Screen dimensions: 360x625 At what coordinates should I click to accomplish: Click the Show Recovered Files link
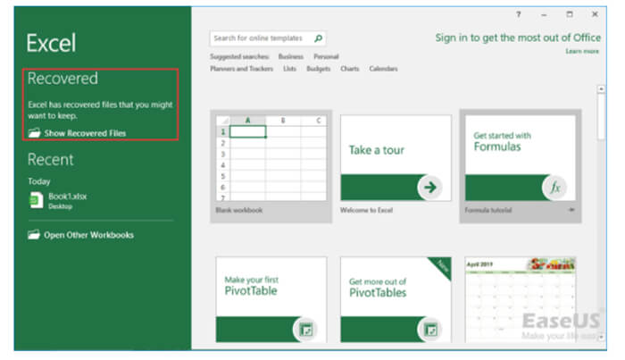(85, 133)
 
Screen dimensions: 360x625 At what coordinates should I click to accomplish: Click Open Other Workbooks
(88, 235)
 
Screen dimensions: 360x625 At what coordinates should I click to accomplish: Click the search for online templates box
(261, 38)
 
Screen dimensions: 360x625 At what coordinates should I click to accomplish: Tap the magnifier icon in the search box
(319, 38)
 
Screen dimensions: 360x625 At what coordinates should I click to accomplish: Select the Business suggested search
(291, 56)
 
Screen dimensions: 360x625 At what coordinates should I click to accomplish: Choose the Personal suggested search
(326, 56)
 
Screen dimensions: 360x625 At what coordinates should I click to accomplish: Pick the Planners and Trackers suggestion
(241, 69)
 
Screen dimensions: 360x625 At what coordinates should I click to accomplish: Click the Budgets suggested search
(318, 69)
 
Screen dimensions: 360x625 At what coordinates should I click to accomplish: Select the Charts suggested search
(349, 69)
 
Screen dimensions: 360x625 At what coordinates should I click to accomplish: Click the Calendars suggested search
(383, 69)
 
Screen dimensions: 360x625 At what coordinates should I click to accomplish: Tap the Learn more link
(582, 52)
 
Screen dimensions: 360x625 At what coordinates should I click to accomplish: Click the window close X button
(594, 14)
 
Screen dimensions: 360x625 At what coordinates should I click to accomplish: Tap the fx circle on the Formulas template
(554, 188)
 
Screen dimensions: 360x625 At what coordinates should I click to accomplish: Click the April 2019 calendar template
(521, 298)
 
